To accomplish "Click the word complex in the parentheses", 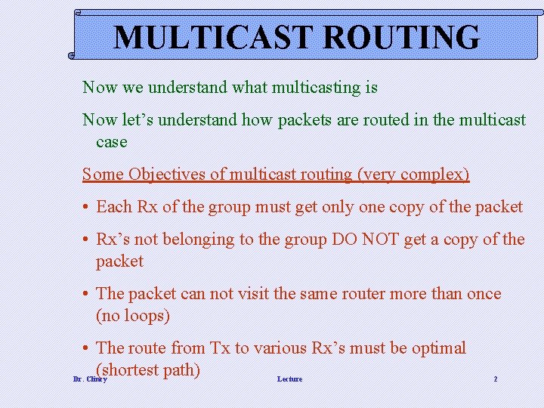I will click(x=434, y=175).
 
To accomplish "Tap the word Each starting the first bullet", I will click(x=115, y=207).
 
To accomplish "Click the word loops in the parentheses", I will click(x=144, y=316).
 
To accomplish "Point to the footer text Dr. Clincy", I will click(x=90, y=379).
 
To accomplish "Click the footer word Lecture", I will click(x=289, y=379).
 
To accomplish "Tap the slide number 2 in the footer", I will click(x=496, y=379).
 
